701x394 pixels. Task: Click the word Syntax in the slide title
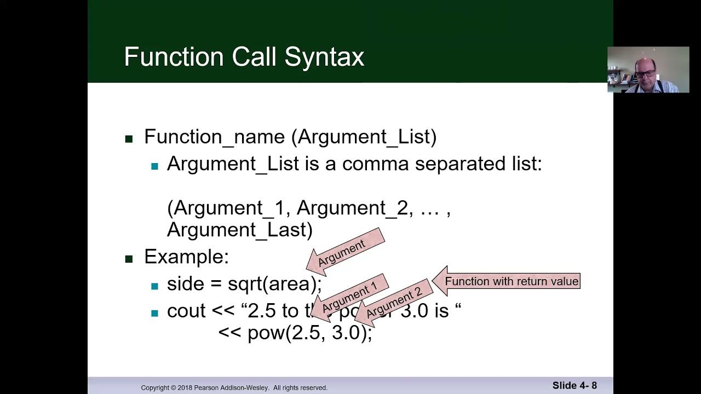point(325,57)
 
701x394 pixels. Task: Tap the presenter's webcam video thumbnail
point(648,69)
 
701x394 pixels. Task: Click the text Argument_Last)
point(239,230)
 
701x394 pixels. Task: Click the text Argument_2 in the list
point(352,208)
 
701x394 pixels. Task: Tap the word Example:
point(186,257)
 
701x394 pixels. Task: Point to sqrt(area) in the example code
point(274,284)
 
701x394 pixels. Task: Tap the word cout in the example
point(186,311)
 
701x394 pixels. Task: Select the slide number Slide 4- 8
point(574,385)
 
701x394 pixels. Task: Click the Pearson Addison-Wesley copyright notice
point(234,387)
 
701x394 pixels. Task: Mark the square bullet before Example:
point(129,259)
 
